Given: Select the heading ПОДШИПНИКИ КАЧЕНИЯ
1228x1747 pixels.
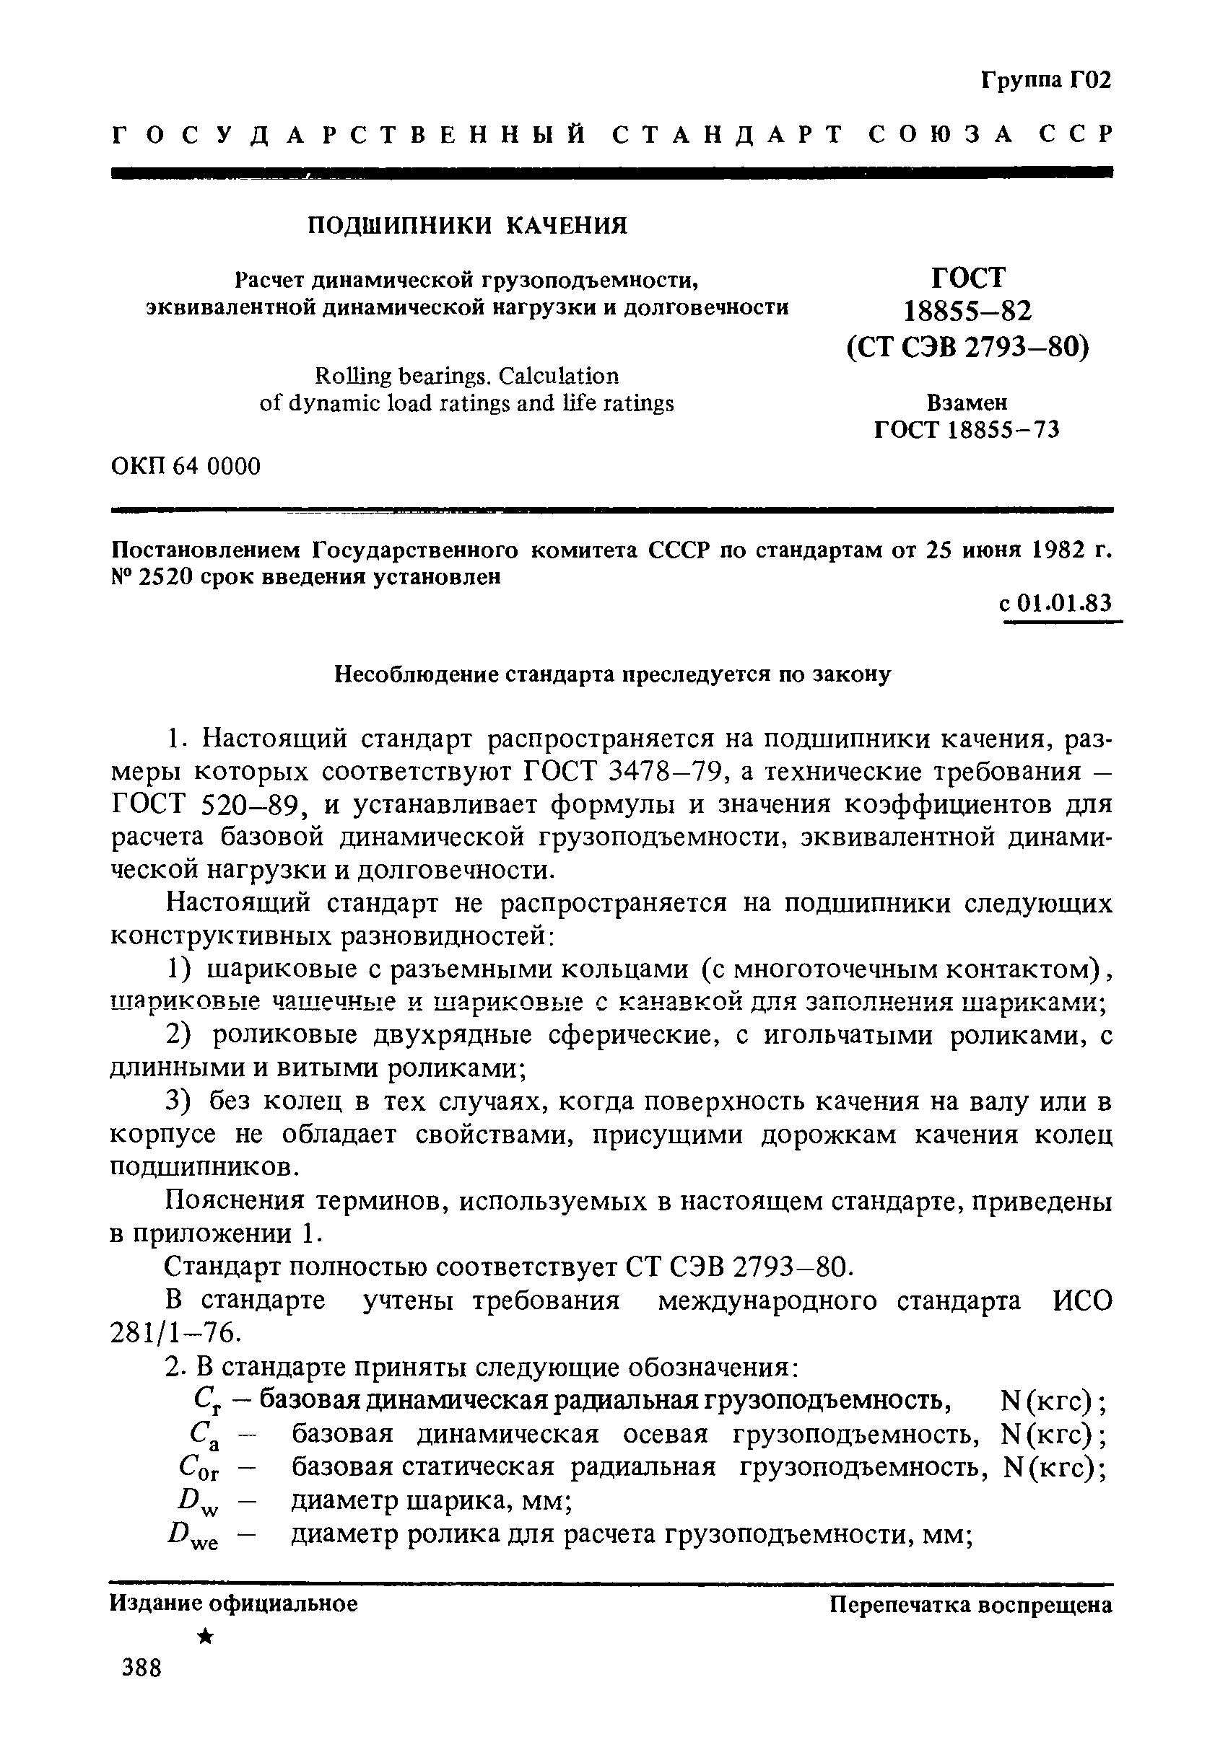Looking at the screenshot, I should (x=467, y=226).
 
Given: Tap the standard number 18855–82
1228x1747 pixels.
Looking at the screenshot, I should (x=967, y=311).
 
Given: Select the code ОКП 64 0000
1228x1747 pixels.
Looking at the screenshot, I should (x=186, y=466).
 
